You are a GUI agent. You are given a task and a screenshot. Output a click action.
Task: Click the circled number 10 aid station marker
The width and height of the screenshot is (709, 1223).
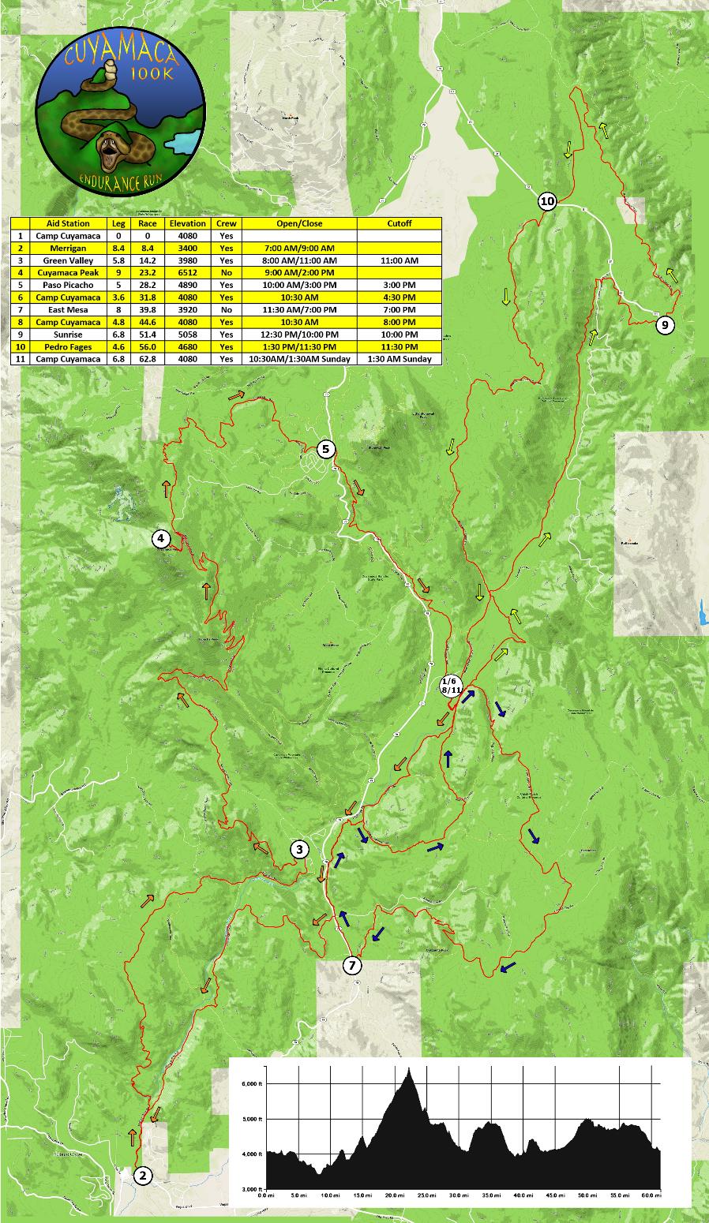click(x=546, y=201)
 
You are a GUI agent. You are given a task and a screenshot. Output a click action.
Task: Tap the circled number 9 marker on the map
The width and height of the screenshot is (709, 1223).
click(x=664, y=324)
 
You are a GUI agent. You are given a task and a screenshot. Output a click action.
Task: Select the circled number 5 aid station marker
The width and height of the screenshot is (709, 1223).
click(x=326, y=450)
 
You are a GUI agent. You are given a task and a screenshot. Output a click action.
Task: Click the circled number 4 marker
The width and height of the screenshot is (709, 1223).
click(x=161, y=539)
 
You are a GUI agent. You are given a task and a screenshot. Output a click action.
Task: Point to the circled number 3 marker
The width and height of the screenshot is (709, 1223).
click(x=299, y=849)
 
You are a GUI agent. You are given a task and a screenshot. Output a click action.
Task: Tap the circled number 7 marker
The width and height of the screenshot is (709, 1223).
click(x=352, y=965)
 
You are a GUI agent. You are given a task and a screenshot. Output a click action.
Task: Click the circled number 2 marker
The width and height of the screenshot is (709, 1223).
click(x=142, y=1176)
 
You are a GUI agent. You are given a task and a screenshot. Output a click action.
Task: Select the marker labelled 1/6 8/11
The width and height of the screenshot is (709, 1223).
click(x=451, y=685)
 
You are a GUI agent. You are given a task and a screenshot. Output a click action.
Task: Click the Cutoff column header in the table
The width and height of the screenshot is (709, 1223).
click(x=399, y=223)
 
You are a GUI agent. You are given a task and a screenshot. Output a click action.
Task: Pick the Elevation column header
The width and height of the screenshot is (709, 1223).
click(x=187, y=223)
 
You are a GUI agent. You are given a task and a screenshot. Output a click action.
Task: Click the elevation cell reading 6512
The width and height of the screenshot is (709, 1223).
click(x=187, y=273)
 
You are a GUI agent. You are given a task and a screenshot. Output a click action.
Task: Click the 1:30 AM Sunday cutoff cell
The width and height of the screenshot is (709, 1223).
click(x=399, y=359)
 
